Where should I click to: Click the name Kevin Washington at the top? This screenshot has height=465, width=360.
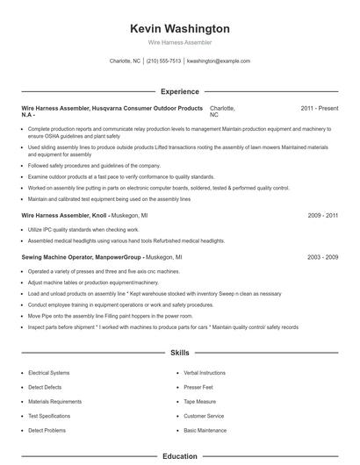tap(179, 29)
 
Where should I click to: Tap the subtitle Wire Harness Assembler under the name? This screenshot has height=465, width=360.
tap(179, 42)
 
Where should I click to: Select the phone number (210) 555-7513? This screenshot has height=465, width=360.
tap(164, 61)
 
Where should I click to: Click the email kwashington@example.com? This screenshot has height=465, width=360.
tap(219, 61)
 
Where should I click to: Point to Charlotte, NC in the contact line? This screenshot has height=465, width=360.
tap(125, 61)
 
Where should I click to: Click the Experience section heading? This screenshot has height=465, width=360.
tap(179, 91)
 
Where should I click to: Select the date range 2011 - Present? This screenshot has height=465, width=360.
tap(319, 108)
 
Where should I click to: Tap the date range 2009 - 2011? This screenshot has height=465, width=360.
tap(322, 215)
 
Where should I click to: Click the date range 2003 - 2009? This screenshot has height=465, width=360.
tap(322, 258)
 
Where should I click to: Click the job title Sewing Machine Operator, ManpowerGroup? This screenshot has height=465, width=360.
tap(82, 258)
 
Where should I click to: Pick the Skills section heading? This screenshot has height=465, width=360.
tap(179, 353)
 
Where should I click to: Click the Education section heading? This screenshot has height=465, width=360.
tap(179, 456)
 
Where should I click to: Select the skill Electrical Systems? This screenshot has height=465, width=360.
tap(50, 373)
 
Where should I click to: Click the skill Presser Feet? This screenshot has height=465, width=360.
tap(198, 387)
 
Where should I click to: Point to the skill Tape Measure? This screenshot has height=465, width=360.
tap(200, 401)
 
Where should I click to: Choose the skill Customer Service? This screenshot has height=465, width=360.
tap(204, 416)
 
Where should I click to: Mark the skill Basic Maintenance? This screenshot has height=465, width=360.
tap(205, 430)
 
